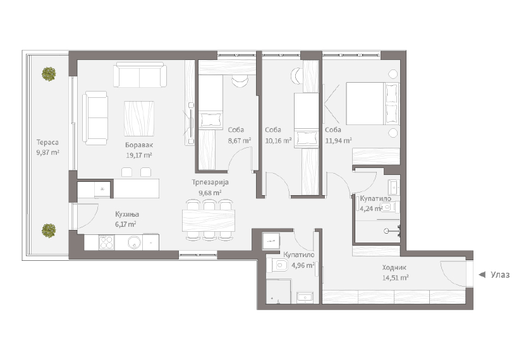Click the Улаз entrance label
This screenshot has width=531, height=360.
[500, 275]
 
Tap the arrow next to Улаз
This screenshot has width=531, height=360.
[482, 275]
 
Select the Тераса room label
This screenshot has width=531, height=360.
[47, 143]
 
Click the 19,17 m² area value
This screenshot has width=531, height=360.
[139, 155]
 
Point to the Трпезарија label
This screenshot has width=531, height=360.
[211, 183]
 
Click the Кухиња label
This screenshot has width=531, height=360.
[127, 214]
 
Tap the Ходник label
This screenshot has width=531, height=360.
[394, 268]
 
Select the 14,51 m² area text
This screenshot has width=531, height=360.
[396, 278]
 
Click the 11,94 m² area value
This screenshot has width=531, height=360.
[338, 140]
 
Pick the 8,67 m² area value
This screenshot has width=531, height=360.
[240, 140]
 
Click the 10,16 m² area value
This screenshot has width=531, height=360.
[278, 140]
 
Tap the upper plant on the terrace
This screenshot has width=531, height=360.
[49, 74]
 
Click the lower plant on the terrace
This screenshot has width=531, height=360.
[49, 231]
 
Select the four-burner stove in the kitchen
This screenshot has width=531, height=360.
[106, 243]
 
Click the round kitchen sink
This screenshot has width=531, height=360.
[135, 243]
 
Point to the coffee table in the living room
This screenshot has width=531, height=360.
[139, 119]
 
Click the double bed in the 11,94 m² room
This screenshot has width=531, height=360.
[372, 104]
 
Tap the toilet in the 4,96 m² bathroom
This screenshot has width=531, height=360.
[278, 265]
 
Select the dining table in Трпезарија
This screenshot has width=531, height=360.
[209, 220]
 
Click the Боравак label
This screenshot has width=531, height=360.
[139, 145]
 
